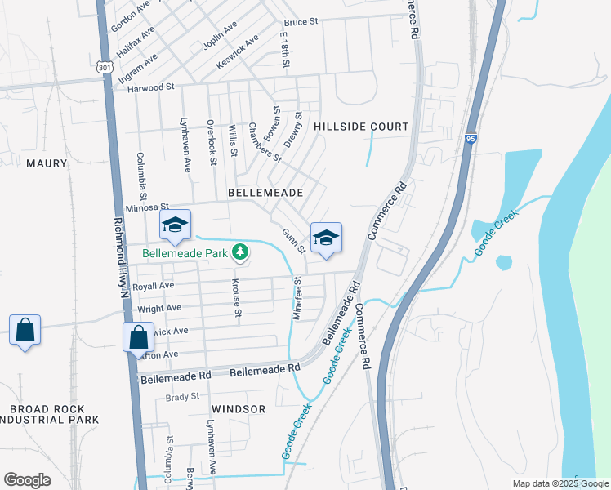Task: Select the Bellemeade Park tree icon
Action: click(x=240, y=252)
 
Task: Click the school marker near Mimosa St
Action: click(x=175, y=226)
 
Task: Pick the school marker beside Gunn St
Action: click(x=326, y=238)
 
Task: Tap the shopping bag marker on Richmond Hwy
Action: click(x=138, y=336)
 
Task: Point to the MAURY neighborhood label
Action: click(x=47, y=163)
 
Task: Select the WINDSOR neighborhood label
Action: click(x=239, y=408)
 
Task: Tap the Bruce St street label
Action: click(x=300, y=22)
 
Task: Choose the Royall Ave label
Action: click(x=154, y=287)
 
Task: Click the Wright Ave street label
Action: click(x=158, y=309)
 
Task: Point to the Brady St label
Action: click(x=182, y=397)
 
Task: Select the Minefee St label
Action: click(x=297, y=297)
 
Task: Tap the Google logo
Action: click(x=27, y=480)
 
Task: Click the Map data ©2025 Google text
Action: click(x=560, y=483)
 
